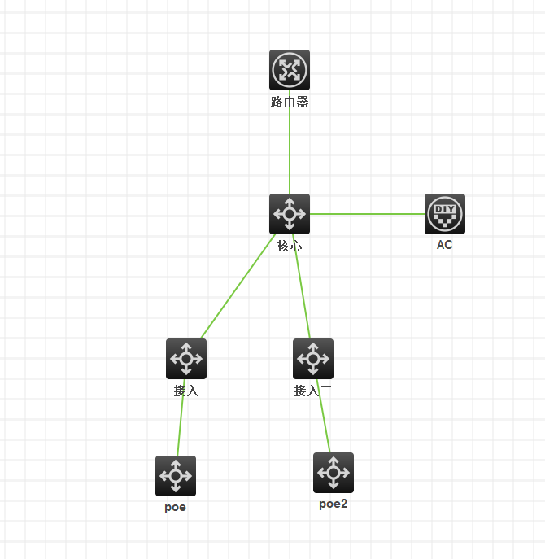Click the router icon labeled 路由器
point(290,70)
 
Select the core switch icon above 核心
point(290,214)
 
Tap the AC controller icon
point(445,214)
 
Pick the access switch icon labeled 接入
point(186,359)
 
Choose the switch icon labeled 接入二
point(313,359)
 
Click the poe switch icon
point(176,476)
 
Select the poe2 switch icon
point(334,473)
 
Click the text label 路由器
point(290,103)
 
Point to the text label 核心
point(290,246)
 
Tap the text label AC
point(445,245)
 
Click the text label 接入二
point(313,391)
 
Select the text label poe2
point(334,504)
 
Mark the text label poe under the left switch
point(176,507)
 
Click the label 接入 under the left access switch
point(186,391)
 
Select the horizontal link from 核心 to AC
point(366,214)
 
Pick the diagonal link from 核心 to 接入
point(236,289)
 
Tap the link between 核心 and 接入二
point(302,293)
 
